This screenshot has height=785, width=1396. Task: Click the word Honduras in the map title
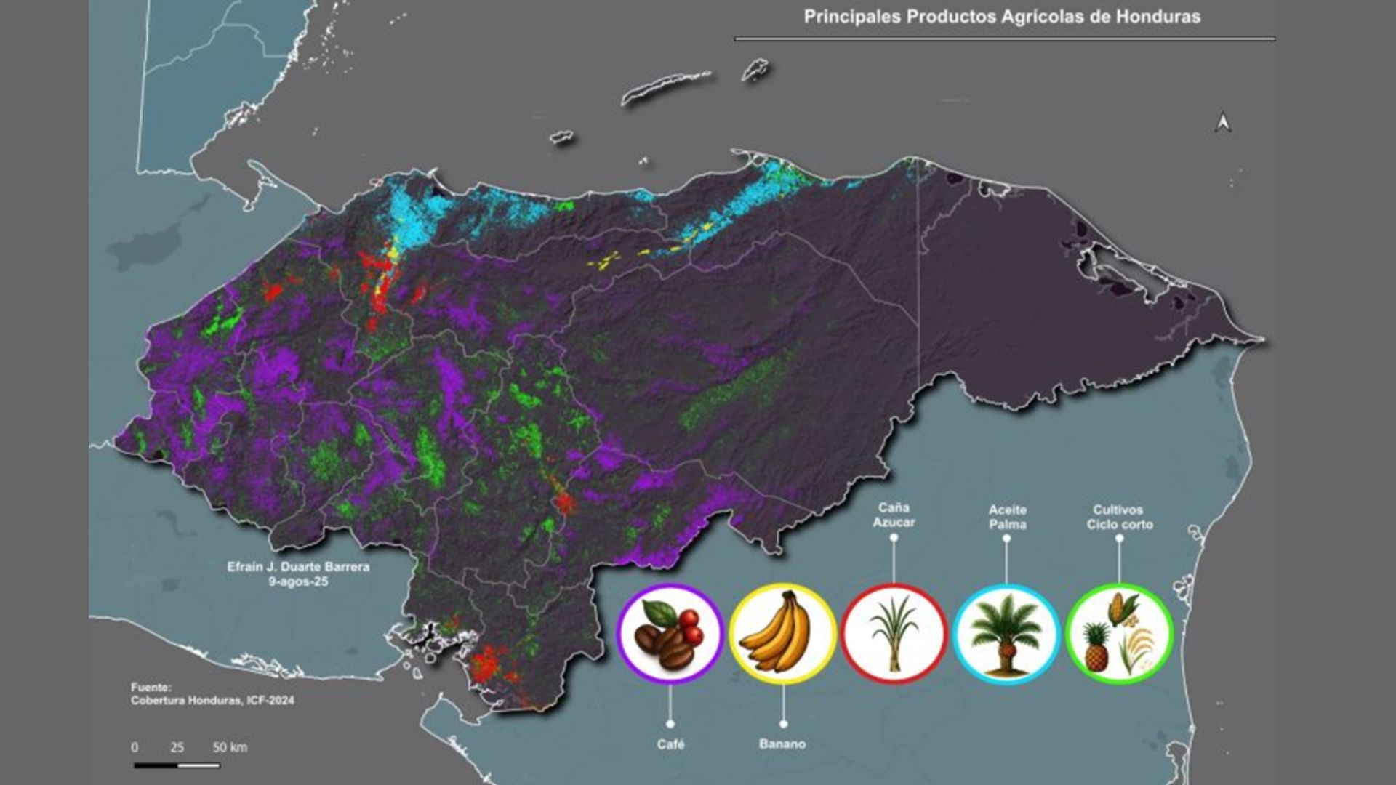1158,17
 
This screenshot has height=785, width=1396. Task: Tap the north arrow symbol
1223,124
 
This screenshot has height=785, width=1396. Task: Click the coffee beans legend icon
670,634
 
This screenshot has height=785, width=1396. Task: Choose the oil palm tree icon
1006,634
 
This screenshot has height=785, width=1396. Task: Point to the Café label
670,744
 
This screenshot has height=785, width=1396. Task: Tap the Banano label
782,744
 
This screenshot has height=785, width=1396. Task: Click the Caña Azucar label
894,515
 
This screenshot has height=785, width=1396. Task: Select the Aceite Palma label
1007,517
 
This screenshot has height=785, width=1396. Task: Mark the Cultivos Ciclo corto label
1119,517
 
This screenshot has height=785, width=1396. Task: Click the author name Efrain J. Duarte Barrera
298,566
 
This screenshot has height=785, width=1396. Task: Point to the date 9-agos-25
298,581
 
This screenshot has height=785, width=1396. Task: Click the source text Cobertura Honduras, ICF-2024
212,701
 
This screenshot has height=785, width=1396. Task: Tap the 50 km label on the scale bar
230,747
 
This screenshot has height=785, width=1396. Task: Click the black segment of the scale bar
156,765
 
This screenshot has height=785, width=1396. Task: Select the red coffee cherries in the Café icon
689,627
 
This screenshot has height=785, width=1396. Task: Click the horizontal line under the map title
1003,39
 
